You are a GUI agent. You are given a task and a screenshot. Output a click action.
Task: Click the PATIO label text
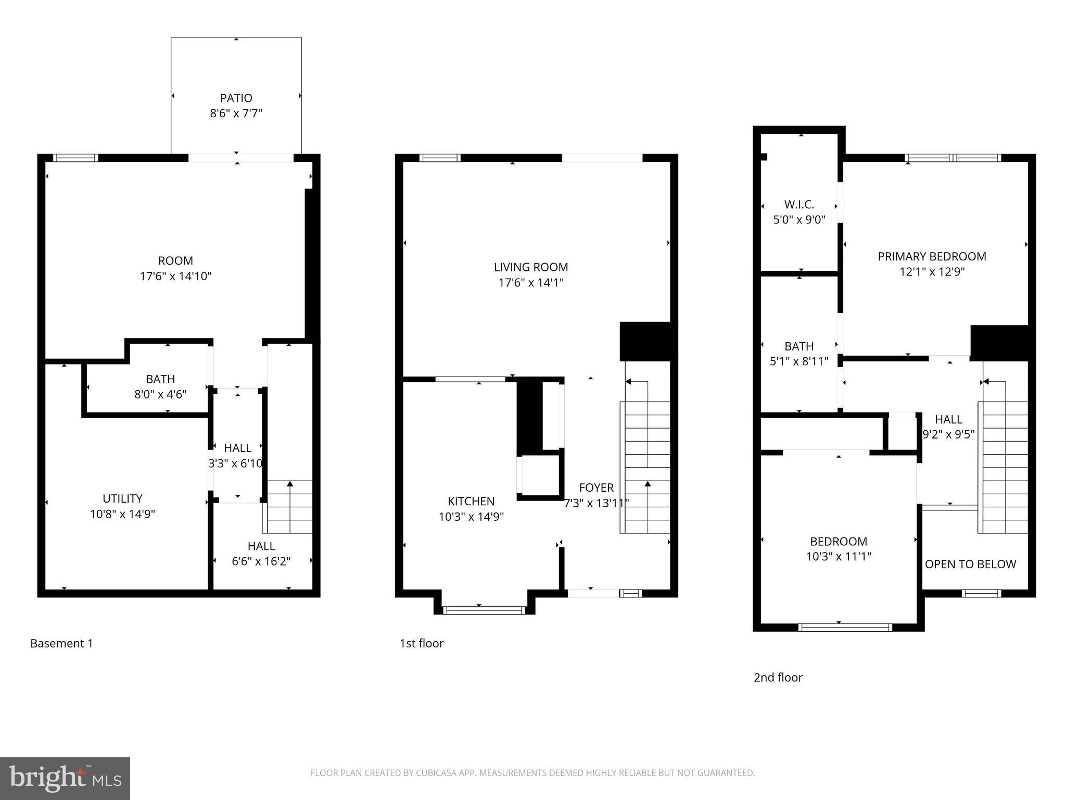pos(236,98)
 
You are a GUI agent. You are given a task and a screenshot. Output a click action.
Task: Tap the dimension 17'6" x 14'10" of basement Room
pos(175,276)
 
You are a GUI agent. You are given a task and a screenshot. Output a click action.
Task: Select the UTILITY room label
pos(122,498)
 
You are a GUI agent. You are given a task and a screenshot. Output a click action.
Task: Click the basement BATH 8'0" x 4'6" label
pos(160,386)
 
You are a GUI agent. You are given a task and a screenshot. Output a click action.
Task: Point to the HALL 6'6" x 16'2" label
pos(261,553)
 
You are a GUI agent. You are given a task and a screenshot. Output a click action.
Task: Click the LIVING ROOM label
pos(531,267)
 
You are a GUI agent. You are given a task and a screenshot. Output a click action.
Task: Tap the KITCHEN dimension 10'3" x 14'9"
pos(471,517)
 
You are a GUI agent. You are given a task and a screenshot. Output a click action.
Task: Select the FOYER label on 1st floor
pos(597,488)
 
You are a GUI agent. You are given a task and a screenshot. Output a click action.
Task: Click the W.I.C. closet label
pos(799,205)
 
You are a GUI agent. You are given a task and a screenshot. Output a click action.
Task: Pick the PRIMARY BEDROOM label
pos(932,256)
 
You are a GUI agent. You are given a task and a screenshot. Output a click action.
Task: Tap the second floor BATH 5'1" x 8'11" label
pos(799,353)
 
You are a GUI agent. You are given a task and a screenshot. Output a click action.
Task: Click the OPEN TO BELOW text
pos(970,564)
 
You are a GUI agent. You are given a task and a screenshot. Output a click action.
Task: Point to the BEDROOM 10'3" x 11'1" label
pos(839,548)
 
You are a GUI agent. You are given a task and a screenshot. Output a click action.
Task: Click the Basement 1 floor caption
pos(61,643)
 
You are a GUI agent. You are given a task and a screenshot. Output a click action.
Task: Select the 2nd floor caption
pos(778,677)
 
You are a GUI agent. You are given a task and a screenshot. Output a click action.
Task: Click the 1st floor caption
pos(421,643)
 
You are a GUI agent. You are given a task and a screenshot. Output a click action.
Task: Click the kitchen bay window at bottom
pos(484,610)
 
